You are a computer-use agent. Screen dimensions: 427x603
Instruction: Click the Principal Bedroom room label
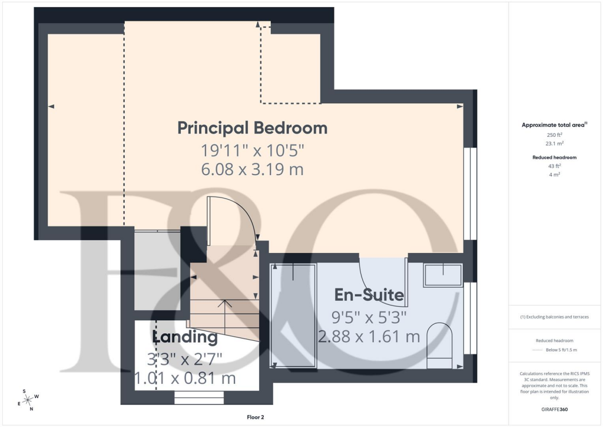click(253, 127)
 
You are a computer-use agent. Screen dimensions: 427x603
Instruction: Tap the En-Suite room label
click(369, 295)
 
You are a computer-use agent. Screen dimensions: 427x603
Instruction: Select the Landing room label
click(185, 337)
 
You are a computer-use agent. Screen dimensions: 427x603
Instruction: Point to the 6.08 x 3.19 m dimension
click(253, 169)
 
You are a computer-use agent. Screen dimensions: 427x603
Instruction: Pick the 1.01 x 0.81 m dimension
click(185, 378)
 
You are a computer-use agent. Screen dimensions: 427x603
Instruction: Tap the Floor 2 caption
click(256, 417)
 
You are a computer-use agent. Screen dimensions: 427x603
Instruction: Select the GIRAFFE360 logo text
click(555, 409)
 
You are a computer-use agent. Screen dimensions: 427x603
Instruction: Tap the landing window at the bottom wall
click(199, 400)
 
